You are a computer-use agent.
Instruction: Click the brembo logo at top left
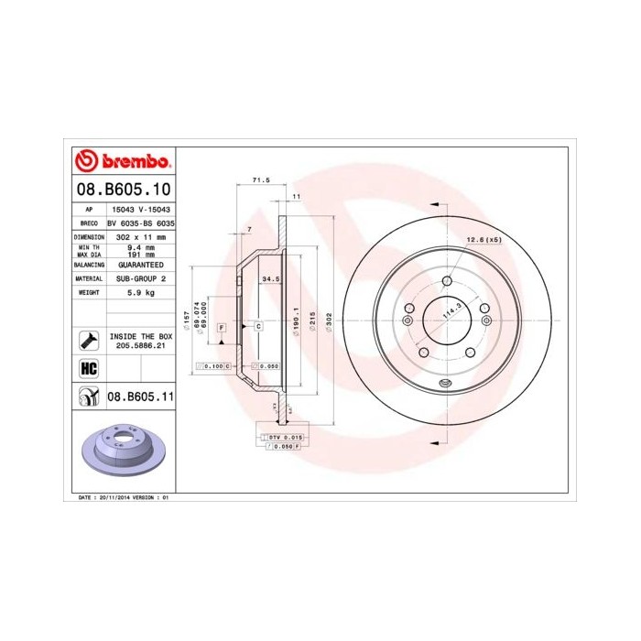(x=123, y=162)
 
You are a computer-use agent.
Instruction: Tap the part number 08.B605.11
(x=140, y=397)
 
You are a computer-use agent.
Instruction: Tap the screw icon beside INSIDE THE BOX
(x=89, y=341)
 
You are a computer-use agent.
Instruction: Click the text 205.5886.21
(x=140, y=346)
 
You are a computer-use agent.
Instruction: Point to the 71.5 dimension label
(x=260, y=181)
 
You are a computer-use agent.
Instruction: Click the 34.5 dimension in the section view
(x=269, y=277)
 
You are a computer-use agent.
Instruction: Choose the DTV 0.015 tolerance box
(x=286, y=439)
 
